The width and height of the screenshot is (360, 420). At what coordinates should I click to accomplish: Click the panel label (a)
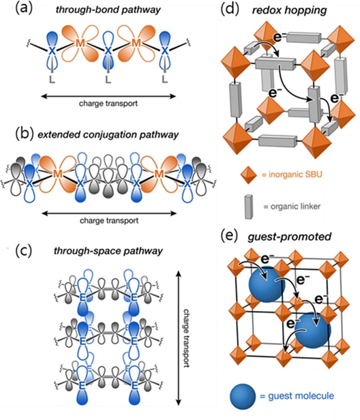pos(24,9)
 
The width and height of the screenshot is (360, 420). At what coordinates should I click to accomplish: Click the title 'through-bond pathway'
pos(108,10)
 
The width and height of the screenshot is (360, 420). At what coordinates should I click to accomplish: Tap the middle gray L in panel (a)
pos(108,79)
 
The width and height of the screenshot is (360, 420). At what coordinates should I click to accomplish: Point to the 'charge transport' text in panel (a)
pos(108,104)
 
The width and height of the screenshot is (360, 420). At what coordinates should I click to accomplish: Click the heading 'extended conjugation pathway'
pos(108,134)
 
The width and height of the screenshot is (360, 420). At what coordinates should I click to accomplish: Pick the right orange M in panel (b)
pos(159,174)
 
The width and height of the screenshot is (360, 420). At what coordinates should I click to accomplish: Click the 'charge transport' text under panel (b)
pos(109,220)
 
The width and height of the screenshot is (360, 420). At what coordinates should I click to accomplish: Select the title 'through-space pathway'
pos(108,251)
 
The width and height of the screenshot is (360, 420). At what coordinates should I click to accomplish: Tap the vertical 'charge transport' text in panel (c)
pos(186,338)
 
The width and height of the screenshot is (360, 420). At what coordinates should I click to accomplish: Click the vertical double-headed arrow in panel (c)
pos(179,338)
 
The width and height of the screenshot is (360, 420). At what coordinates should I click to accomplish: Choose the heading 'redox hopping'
pos(289,10)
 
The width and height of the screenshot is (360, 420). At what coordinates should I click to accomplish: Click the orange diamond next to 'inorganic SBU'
pos(249,175)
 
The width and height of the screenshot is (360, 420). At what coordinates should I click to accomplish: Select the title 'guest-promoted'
pos(289,237)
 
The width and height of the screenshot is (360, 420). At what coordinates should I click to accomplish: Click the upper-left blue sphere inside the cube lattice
pos(266,284)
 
